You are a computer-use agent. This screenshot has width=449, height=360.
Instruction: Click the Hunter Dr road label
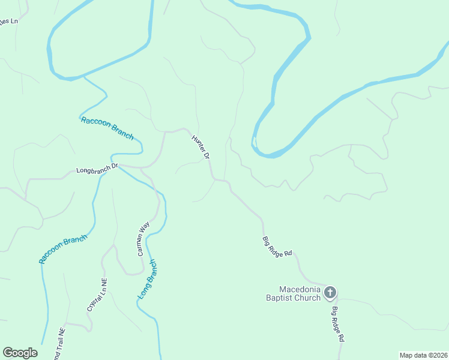tap(200, 146)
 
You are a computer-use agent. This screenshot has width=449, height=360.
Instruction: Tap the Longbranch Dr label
tap(98, 170)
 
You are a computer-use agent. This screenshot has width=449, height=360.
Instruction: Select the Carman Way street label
tap(143, 239)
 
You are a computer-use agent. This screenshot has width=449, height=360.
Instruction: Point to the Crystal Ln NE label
tap(97, 294)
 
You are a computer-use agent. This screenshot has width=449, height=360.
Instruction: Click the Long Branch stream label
tap(147, 279)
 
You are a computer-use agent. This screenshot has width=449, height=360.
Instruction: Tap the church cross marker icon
tap(330, 293)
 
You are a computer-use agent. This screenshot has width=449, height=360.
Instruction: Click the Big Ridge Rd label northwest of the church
tap(277, 247)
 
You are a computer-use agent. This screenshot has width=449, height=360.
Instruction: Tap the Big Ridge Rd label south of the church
tap(338, 324)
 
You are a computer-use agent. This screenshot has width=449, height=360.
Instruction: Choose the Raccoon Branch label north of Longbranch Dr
tap(107, 127)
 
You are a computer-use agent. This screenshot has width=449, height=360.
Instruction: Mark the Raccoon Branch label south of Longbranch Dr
tap(63, 248)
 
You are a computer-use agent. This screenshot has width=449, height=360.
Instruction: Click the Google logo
tap(20, 353)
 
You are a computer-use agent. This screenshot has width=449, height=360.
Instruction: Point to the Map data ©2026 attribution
tap(423, 355)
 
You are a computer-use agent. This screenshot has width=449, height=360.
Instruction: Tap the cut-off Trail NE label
tap(59, 345)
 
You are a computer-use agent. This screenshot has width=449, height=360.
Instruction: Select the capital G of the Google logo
tap(8, 353)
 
